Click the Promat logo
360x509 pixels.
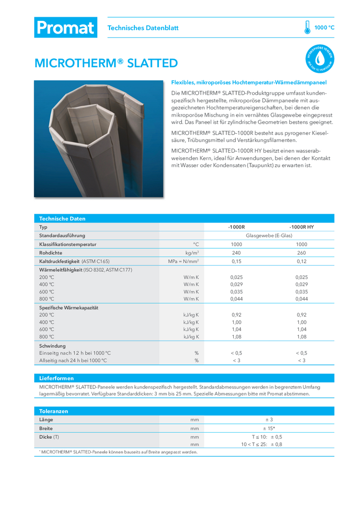65,27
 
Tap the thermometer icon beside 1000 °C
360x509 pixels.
307,27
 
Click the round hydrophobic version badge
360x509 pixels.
319,59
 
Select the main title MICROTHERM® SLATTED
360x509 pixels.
106,63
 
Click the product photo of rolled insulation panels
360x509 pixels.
98,138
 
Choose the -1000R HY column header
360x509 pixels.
301,227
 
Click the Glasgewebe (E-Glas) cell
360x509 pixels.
268,236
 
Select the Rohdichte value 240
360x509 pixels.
236,252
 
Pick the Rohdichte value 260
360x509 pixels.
301,252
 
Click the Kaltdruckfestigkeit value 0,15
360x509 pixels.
236,261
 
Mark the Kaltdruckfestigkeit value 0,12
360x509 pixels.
301,261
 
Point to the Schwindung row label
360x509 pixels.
53,345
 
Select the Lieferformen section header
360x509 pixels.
57,378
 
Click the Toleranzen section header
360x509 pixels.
54,411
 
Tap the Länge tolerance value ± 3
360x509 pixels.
269,419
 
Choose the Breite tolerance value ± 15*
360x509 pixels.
269,428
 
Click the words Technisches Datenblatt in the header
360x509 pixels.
143,28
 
